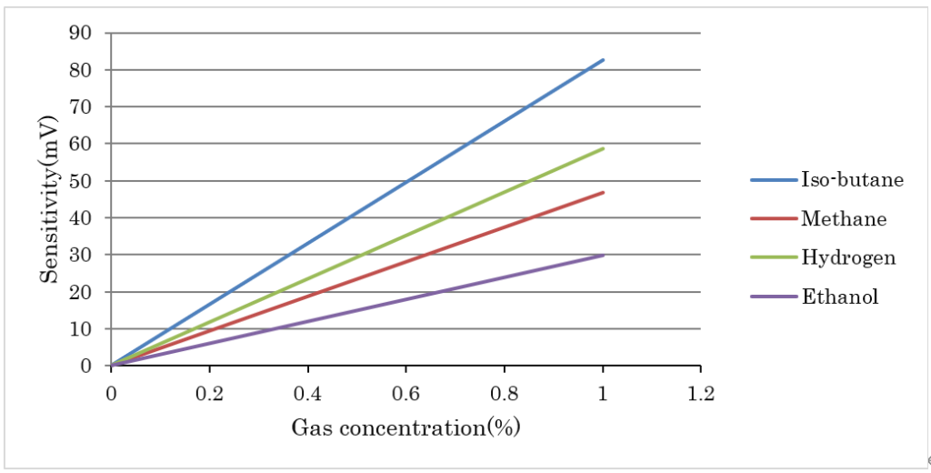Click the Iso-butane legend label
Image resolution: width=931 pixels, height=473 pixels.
point(851,179)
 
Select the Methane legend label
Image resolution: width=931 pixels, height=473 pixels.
point(843,218)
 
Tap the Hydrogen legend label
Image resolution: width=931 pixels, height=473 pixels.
point(847,257)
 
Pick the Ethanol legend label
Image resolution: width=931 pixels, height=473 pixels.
point(839,297)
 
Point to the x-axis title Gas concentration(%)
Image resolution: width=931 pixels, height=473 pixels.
point(405,427)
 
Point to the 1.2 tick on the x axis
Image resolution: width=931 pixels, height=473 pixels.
point(700,393)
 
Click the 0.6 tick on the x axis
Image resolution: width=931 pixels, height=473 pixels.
point(405,393)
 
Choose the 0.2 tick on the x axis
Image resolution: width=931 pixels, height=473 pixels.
point(209,393)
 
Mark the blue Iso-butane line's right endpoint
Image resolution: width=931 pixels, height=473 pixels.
point(603,60)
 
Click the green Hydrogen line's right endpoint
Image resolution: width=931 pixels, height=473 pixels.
point(603,148)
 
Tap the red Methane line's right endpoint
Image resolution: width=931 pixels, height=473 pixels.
point(603,192)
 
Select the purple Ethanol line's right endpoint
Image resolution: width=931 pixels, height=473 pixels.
point(603,256)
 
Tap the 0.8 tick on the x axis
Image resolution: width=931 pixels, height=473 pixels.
point(504,393)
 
